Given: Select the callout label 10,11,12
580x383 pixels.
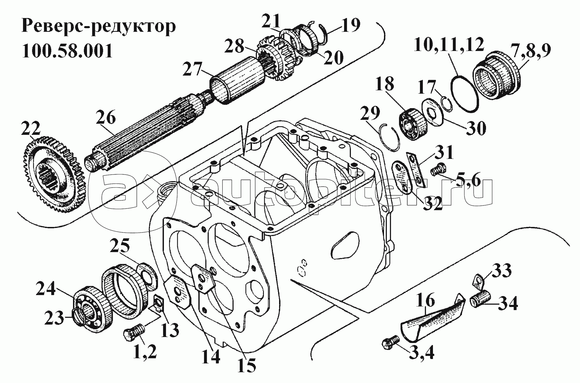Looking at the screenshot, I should click(x=449, y=45).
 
